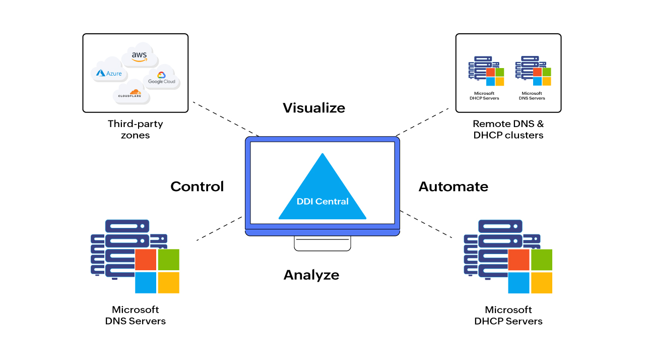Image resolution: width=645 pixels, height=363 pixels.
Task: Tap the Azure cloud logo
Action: point(109,73)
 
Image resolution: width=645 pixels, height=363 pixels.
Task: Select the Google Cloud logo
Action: point(161,79)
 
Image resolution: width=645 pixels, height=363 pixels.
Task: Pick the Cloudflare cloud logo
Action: point(132,93)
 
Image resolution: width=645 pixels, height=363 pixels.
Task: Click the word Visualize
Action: point(313,108)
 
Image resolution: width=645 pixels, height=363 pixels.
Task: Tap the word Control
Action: point(197,187)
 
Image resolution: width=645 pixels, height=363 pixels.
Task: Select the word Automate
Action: point(453,187)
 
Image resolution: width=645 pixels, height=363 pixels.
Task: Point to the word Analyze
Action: point(311,275)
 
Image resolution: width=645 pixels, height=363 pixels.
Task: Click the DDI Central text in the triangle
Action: point(322,201)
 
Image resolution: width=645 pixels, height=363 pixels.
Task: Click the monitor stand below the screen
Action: point(322,244)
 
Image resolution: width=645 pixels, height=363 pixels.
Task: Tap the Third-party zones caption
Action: point(135,129)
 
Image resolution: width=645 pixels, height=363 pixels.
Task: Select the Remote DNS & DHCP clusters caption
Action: point(508,129)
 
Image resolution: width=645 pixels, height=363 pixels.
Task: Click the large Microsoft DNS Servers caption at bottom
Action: point(135,315)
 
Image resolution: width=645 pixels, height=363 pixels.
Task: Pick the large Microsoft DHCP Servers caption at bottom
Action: point(508,315)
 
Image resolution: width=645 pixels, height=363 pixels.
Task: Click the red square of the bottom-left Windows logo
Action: point(146,259)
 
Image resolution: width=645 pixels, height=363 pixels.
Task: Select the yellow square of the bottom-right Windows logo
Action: point(542,283)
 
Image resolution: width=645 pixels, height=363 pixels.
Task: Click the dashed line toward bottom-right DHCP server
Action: point(426,224)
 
